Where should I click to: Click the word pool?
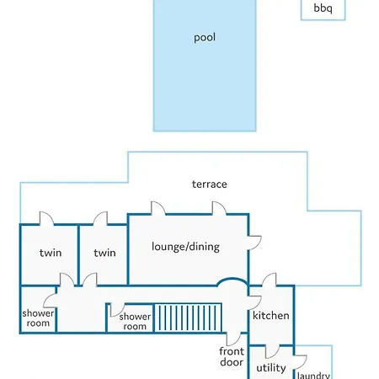coord(205,38)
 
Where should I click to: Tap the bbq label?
coord(323,8)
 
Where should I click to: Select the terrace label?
coord(210,184)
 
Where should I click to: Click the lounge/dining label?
coord(185,247)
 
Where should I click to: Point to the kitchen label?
coord(271,315)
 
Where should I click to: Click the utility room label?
coord(271,368)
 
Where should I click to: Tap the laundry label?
coord(313,375)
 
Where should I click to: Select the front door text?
coord(232,356)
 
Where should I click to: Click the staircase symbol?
coord(188,318)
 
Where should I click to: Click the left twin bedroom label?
coord(51,253)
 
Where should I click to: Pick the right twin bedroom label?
coord(104,253)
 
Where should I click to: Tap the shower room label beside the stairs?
coord(135,322)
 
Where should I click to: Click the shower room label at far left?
coord(38,318)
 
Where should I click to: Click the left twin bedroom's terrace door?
coord(46,218)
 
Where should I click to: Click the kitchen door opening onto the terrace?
coord(269,280)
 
